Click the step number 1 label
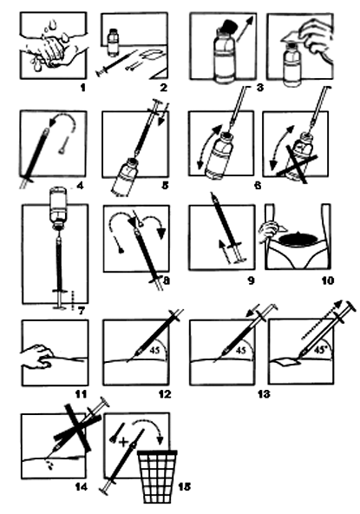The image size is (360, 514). pyautogui.click(x=83, y=88)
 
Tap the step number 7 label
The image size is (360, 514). pyautogui.click(x=82, y=311)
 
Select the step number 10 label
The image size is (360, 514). pyautogui.click(x=328, y=280)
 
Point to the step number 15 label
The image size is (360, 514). pyautogui.click(x=185, y=486)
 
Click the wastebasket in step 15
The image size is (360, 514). pyautogui.click(x=158, y=477)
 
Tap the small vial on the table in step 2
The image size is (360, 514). pyautogui.click(x=113, y=43)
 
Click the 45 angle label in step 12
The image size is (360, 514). pyautogui.click(x=154, y=350)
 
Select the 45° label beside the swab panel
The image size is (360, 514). pyautogui.click(x=320, y=350)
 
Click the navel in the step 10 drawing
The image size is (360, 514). pyautogui.click(x=298, y=233)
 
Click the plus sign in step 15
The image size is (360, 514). pyautogui.click(x=123, y=442)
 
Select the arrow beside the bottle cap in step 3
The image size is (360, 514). pyautogui.click(x=246, y=29)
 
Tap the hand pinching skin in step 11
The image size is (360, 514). pyautogui.click(x=36, y=357)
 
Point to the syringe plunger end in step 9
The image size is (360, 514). pyautogui.click(x=240, y=260)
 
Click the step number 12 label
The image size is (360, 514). pyautogui.click(x=165, y=393)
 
